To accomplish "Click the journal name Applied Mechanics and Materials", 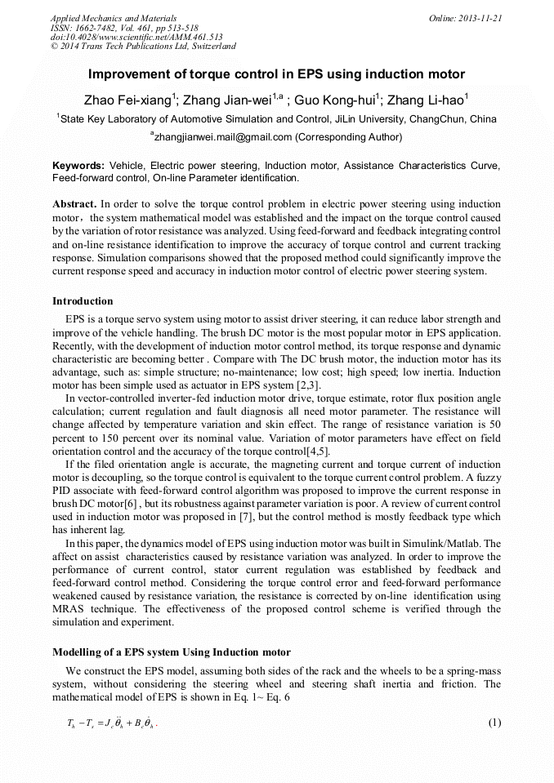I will [x=114, y=17].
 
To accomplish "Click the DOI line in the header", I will [x=137, y=37].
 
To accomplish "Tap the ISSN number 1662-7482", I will [x=102, y=27].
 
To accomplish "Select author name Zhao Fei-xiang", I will [x=127, y=100].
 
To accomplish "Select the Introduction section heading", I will [x=83, y=301].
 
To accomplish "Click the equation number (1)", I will [x=494, y=723].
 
